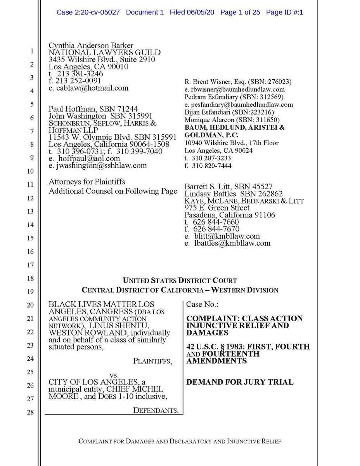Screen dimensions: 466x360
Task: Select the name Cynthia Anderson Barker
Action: click(x=91, y=45)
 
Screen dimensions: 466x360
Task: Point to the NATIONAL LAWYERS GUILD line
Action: click(x=104, y=52)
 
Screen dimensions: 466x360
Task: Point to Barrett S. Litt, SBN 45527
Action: click(x=228, y=186)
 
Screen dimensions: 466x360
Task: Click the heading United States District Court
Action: click(x=180, y=280)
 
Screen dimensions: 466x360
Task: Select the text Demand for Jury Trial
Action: click(x=240, y=382)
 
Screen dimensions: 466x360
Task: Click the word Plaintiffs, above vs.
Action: click(x=152, y=361)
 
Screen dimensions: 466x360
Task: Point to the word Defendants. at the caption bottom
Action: click(x=156, y=410)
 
